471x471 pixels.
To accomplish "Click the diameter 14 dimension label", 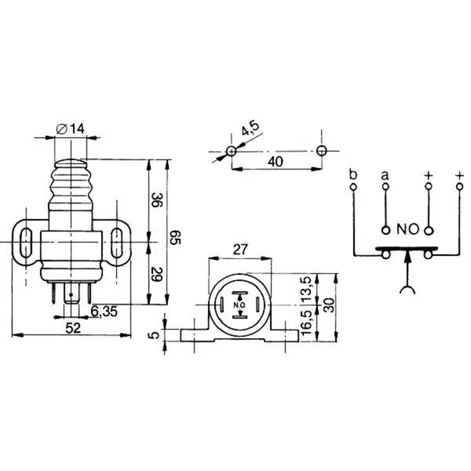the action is click(x=71, y=129).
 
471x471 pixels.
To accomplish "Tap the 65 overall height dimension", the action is click(x=175, y=237).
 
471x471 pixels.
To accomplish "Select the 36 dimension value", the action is click(x=156, y=199).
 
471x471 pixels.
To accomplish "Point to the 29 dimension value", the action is click(x=156, y=274).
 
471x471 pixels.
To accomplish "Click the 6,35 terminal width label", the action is click(x=104, y=312).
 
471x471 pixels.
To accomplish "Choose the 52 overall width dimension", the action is click(x=73, y=327).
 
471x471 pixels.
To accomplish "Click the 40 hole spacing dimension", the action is click(x=276, y=162).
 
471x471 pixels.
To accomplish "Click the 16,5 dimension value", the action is click(x=306, y=323).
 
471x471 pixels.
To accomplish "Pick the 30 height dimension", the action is click(x=330, y=305).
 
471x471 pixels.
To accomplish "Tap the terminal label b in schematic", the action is click(x=353, y=174).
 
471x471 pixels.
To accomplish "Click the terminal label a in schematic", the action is click(x=385, y=175).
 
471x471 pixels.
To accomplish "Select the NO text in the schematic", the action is click(x=407, y=229).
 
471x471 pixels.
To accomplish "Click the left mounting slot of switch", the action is click(x=26, y=243).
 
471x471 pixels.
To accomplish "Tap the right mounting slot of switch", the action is click(x=116, y=243).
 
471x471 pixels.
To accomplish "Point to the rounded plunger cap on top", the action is click(x=71, y=163).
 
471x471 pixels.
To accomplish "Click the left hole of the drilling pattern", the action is click(x=231, y=151).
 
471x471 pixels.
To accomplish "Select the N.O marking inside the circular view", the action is click(x=239, y=305).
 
